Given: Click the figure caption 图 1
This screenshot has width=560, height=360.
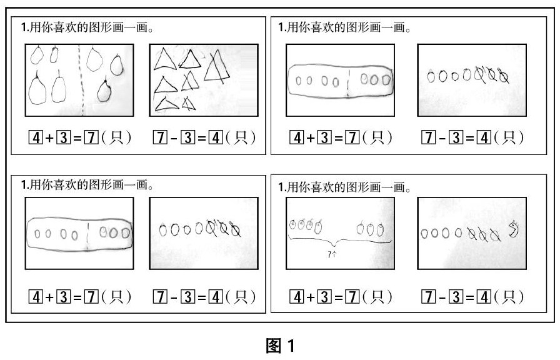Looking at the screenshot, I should [279, 346].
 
